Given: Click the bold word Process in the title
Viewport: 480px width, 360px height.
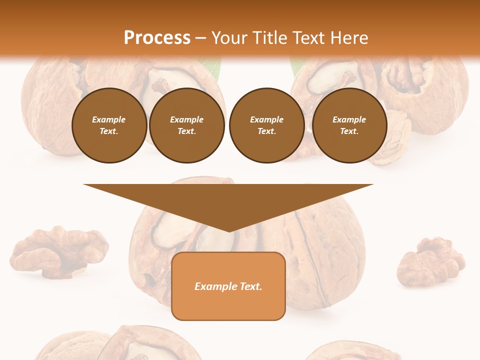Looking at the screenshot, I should pos(157,37).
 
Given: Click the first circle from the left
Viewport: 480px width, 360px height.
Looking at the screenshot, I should pos(109,125).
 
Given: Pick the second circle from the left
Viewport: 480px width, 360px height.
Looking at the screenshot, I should pos(186,125).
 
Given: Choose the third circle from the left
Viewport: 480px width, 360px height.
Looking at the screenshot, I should pos(266,125).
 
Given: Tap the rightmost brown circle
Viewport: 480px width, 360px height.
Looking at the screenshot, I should pos(349,125).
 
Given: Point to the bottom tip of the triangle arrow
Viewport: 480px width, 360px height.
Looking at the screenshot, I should pos(228,230).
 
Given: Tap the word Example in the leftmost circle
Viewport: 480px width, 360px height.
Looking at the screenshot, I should pos(109,119).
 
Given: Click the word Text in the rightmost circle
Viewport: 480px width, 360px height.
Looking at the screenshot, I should pos(349,131).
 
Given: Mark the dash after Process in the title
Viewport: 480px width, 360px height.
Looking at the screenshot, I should pos(200,38).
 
